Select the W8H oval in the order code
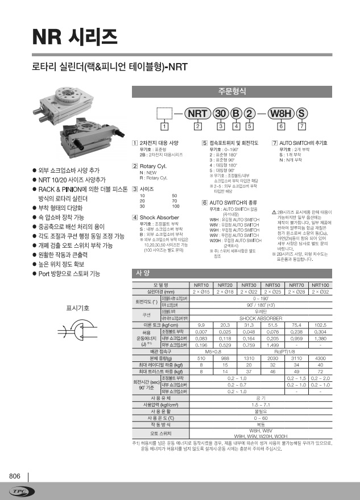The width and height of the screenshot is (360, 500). click(x=282, y=113)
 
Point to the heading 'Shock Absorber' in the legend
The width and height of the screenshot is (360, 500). click(x=155, y=217)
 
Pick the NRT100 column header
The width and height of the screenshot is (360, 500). click(x=320, y=285)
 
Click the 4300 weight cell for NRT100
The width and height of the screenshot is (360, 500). click(x=320, y=359)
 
